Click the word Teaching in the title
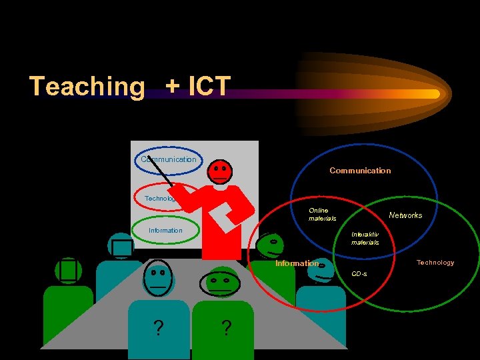coord(87,87)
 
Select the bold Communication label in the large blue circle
coord(360,171)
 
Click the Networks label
coord(405,215)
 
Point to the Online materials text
coord(322,215)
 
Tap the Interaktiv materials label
coord(365,238)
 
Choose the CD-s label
coord(359,274)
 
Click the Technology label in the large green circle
coord(435,263)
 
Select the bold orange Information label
coord(297,263)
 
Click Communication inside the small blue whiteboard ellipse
coord(168,159)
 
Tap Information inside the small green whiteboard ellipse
coord(165,231)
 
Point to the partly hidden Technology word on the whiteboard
coord(160,199)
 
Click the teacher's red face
coord(221,172)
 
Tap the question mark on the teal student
coord(158,329)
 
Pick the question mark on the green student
coord(227,329)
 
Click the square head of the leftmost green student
coord(68,270)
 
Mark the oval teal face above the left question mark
coord(158,277)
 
